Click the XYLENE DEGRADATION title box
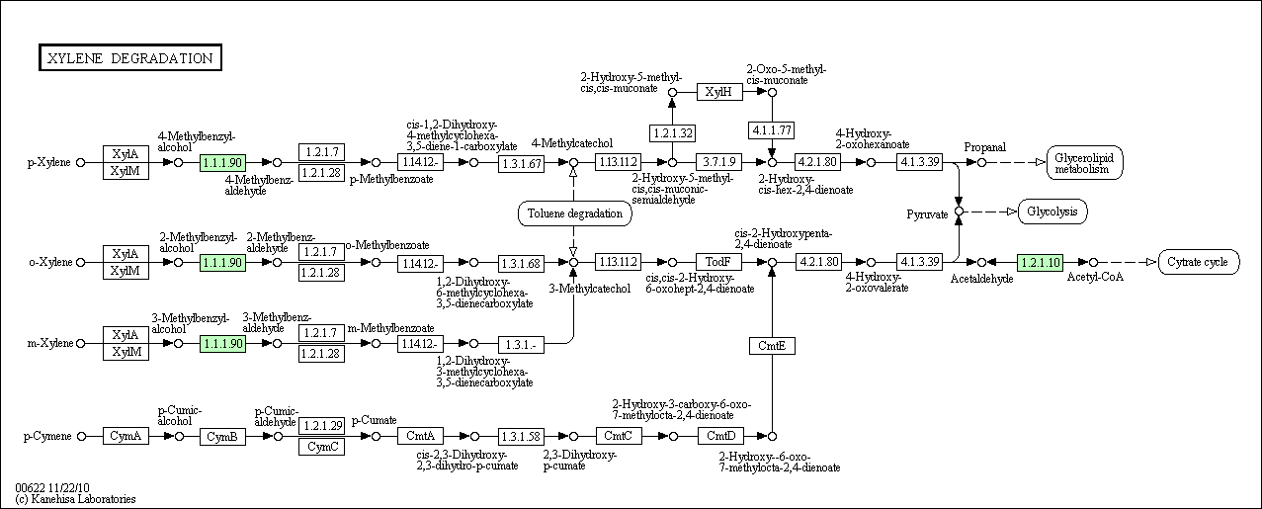tap(130, 57)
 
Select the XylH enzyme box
tap(719, 92)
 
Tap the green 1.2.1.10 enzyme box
tap(1040, 262)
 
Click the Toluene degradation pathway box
tap(574, 213)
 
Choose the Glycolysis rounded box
tap(1052, 212)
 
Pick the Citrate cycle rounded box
tap(1199, 262)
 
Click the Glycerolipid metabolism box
tap(1084, 163)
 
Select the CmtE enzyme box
tap(772, 346)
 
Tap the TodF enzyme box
tap(718, 262)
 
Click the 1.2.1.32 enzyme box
tap(672, 133)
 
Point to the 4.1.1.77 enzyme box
tap(772, 130)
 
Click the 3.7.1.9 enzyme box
tap(718, 162)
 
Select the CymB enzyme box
tap(222, 436)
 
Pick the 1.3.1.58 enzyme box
tap(521, 436)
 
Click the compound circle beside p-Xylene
tap(81, 162)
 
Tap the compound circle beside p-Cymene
tap(82, 436)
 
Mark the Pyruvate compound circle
tap(959, 212)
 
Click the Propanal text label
tap(984, 147)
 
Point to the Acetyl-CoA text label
tap(1095, 277)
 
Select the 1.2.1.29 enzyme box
tap(321, 426)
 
